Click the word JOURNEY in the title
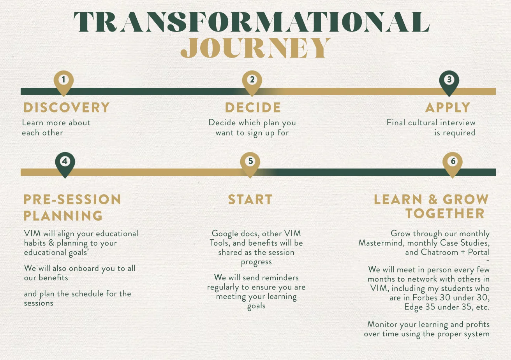pos(255,48)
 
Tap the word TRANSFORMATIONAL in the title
pos(252,22)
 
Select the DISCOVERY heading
pos(67,107)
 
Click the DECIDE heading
pos(253,107)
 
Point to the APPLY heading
pos(448,107)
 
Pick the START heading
pos(250,200)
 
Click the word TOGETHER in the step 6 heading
pos(445,214)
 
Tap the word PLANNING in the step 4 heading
pos(63,216)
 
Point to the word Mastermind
pos(381,243)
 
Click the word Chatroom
pos(439,252)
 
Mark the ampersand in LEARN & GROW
pos(433,200)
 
